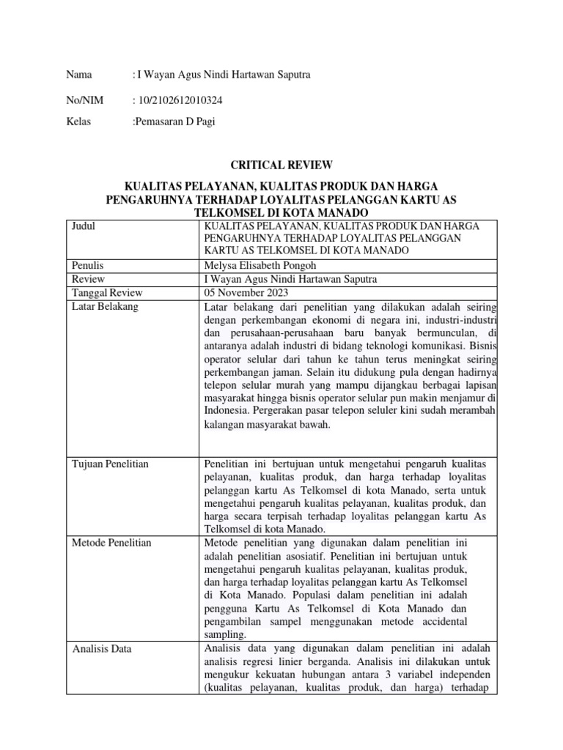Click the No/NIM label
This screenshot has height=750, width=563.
click(84, 100)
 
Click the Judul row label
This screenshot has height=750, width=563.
click(83, 226)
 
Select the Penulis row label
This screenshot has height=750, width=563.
click(87, 266)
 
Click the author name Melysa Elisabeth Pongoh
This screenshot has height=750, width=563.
click(261, 266)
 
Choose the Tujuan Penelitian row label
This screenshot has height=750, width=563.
click(109, 464)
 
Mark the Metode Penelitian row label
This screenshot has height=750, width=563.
click(111, 543)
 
